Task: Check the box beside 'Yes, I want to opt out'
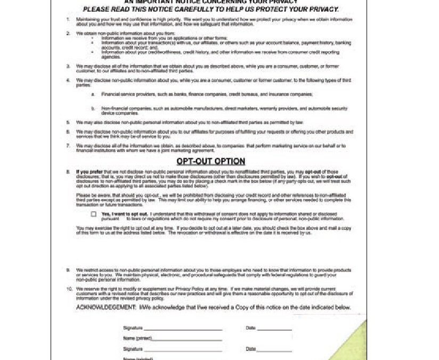pos(94,214)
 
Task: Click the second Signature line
pos(183,350)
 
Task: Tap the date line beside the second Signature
pos(274,350)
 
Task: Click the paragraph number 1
pos(68,20)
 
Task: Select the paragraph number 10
pos(69,289)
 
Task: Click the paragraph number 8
pos(68,172)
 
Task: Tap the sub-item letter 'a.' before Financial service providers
pos(93,94)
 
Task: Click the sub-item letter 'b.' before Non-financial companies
pos(93,108)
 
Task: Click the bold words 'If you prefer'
pos(89,172)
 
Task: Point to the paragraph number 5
pos(68,122)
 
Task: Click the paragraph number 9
pos(68,270)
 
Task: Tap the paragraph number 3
pos(68,66)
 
